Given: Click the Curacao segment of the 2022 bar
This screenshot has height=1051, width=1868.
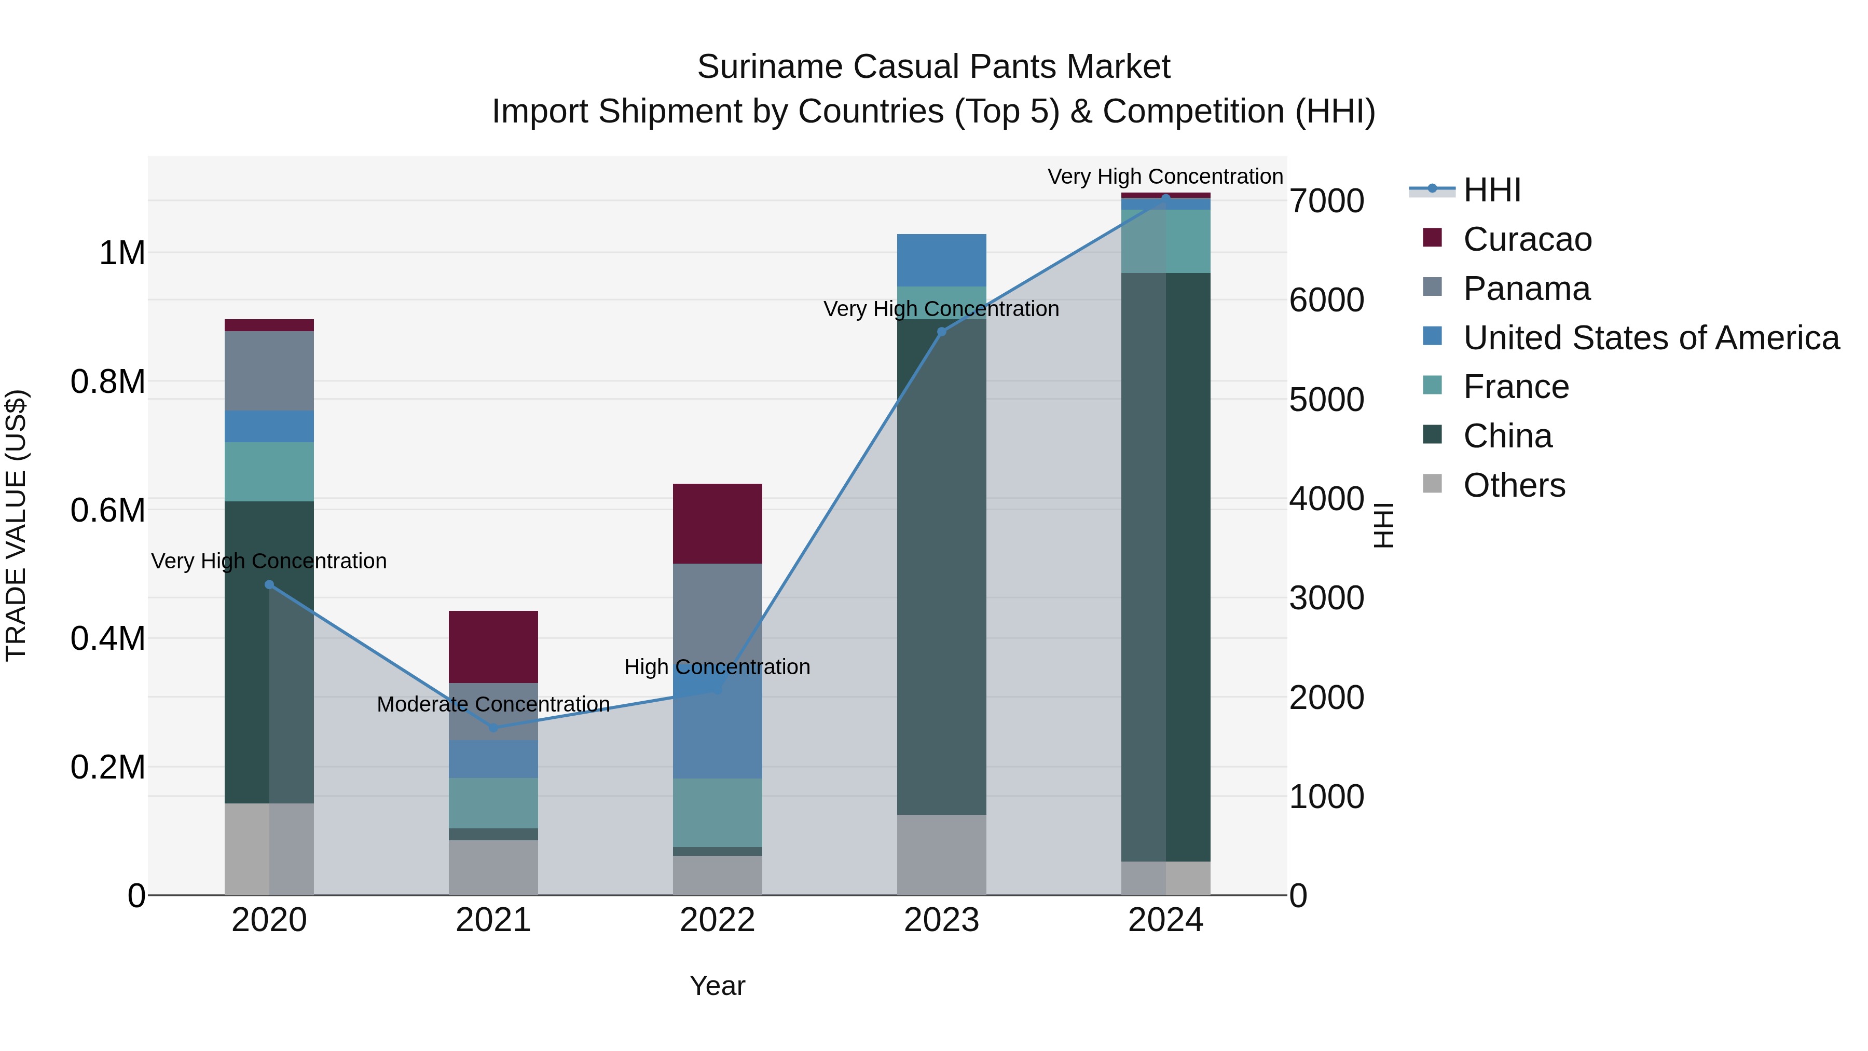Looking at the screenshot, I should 717,523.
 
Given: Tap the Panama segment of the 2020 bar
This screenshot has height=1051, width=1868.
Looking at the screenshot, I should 269,371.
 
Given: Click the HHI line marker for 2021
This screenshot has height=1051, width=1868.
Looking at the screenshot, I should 493,728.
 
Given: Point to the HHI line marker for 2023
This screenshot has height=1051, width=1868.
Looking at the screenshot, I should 941,332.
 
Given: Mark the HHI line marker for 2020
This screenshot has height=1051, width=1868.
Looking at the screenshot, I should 269,584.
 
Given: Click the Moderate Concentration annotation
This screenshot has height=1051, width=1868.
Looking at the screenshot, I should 493,704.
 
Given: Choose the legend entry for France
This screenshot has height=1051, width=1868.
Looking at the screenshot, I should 1516,387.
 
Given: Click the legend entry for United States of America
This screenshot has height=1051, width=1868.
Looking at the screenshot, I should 1651,338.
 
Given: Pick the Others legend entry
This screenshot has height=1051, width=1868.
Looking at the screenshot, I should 1514,485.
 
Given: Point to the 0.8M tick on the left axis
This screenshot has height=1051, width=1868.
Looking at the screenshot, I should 107,382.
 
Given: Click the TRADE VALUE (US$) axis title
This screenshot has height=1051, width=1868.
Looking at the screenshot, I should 16,525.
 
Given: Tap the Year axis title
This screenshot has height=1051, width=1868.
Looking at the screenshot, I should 717,986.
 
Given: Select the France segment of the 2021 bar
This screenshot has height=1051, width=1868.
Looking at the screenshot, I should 493,803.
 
